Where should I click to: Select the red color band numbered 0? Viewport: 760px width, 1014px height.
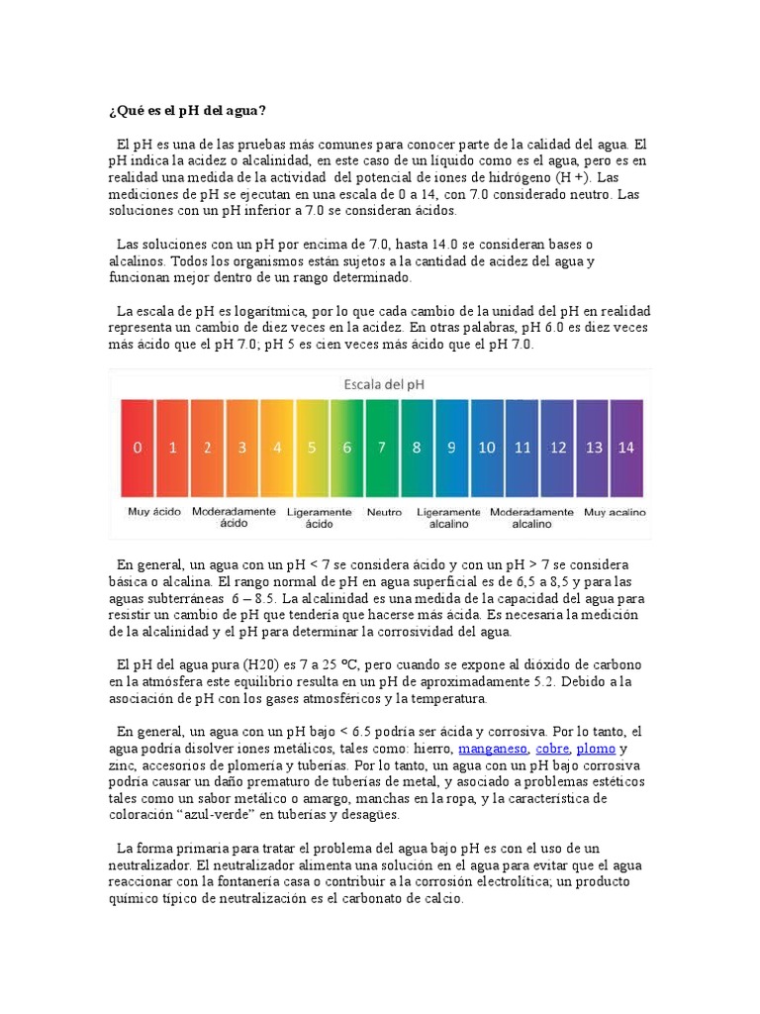[139, 447]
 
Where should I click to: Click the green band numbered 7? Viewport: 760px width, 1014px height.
[382, 447]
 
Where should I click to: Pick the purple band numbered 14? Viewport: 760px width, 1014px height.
[626, 447]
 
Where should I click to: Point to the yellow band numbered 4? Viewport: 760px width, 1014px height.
[277, 447]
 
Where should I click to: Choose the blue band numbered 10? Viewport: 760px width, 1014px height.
[487, 447]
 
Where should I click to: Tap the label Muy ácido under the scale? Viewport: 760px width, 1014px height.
[153, 512]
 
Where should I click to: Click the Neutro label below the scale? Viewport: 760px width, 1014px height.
[384, 512]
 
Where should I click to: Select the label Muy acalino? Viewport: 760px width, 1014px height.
[615, 512]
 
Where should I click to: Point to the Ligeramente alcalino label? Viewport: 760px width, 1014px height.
[449, 518]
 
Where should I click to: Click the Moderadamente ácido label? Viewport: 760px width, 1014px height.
[235, 518]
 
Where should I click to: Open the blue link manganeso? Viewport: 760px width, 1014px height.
[493, 749]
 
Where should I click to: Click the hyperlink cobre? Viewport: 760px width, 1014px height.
[552, 749]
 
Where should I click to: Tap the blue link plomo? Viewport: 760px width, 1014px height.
[596, 749]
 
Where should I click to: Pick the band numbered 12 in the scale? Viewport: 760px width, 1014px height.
[558, 447]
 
